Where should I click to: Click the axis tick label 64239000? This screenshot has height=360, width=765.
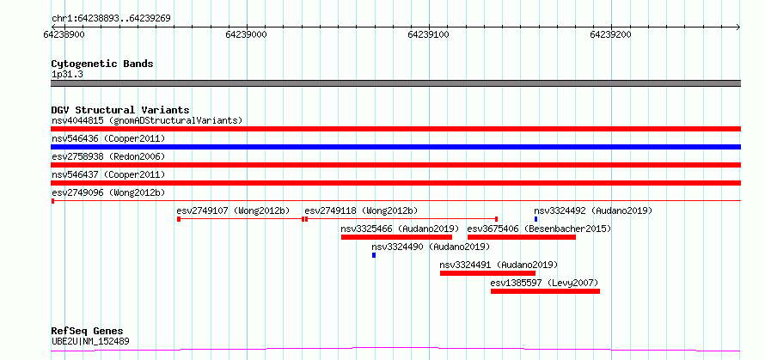pos(247,34)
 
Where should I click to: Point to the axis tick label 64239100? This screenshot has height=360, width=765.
pos(429,34)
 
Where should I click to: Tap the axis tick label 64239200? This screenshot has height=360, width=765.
pos(611,34)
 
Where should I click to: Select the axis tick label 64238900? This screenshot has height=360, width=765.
pos(64,34)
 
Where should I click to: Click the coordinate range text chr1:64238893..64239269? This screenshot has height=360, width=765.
pos(111,19)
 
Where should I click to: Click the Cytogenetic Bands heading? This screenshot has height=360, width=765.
pos(102,64)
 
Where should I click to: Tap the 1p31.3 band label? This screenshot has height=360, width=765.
pos(67,75)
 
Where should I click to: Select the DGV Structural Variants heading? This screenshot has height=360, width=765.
pos(120,110)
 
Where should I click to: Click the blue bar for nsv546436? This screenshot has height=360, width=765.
pos(395,147)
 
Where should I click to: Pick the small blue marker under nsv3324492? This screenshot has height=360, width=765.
pos(535,219)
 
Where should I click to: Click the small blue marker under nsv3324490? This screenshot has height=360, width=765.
pos(374,255)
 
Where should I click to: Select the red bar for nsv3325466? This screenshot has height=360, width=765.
pos(396,237)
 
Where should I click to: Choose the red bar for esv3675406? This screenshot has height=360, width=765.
pos(522,237)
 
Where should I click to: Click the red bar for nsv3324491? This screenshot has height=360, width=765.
pos(487,273)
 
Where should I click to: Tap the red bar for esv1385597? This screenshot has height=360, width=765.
pos(545,291)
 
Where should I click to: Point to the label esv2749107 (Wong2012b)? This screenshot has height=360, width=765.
pos(233,211)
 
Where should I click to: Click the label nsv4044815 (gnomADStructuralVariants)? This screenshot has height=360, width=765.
pos(147,120)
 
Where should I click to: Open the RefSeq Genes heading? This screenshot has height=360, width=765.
pos(88,332)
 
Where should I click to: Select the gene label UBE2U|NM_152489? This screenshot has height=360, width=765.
pos(91,341)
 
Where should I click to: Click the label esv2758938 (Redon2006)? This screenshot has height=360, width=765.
pos(108,156)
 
